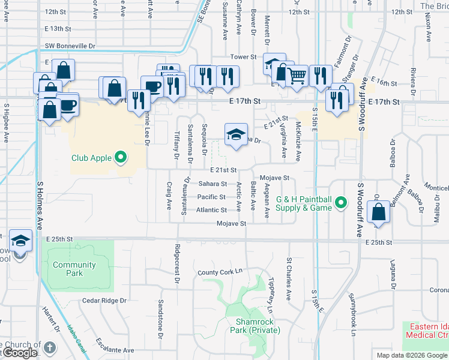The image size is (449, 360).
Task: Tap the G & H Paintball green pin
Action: click(x=341, y=203)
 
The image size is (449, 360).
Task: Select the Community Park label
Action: click(x=74, y=269)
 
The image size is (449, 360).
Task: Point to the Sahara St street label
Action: click(x=213, y=184)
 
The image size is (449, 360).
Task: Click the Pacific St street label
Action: click(x=211, y=197)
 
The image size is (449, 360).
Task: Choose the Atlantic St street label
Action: click(x=211, y=210)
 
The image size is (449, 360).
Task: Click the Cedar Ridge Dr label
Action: click(x=105, y=301)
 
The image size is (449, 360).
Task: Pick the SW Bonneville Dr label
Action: click(x=70, y=46)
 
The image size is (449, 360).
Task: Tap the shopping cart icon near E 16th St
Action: click(x=297, y=76)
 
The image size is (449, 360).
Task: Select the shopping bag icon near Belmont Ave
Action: click(x=378, y=213)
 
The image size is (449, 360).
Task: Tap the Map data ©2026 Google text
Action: click(x=411, y=355)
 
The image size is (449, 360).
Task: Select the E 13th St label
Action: click(x=58, y=29)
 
